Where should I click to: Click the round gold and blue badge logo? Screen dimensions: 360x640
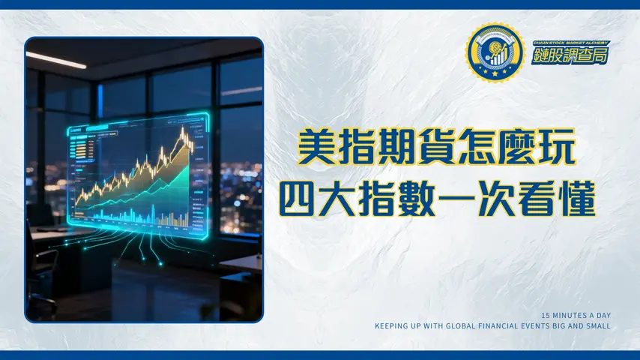[x=493, y=52]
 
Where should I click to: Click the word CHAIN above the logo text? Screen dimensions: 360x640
[x=540, y=43]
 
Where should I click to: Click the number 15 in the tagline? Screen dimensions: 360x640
[x=545, y=315]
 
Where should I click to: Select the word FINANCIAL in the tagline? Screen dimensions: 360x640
[x=498, y=326]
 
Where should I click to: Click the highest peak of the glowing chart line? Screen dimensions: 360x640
[x=182, y=130]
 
